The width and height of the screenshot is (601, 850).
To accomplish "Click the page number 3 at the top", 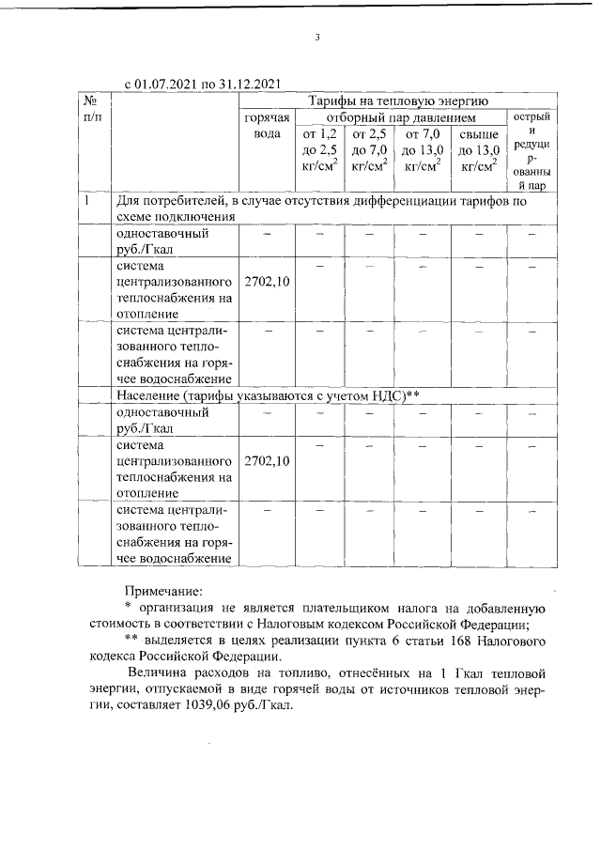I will tap(318, 38).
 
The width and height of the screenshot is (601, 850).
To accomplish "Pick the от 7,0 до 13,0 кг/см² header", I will tap(423, 150).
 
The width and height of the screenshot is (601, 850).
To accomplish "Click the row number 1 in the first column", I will tap(85, 200).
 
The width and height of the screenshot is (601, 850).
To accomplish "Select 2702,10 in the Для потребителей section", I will tap(267, 281).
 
